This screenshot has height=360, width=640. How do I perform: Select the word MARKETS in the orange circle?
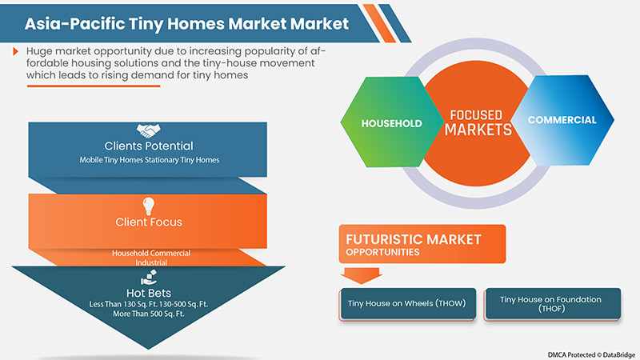coord(478,130)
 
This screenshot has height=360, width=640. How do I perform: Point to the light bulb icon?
coord(148,204)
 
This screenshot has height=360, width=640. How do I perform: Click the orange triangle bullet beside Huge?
coord(15,51)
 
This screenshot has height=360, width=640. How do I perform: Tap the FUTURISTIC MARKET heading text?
coord(413,238)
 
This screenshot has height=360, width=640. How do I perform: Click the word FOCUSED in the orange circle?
coord(478,114)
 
